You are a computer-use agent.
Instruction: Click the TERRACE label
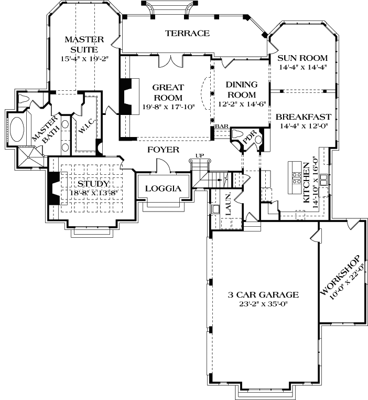187,33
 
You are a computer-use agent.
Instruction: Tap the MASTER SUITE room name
84,44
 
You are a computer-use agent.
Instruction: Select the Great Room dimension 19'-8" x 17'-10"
168,107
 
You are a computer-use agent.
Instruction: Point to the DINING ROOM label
241,89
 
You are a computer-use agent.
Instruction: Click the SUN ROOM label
302,58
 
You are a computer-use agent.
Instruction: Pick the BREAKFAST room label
304,117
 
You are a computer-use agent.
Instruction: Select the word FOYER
163,150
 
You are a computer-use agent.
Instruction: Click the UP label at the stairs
199,155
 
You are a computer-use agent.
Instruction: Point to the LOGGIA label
163,188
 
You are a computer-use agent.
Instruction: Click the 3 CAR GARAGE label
263,295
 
